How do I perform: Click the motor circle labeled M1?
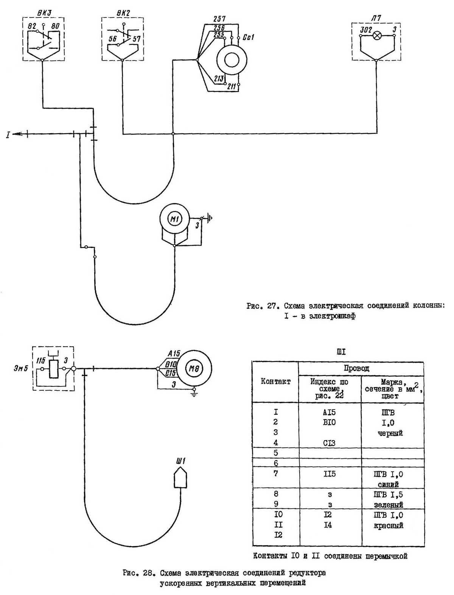pos(174,218)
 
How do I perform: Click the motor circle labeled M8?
pos(194,369)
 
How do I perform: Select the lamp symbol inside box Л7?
pos(377,36)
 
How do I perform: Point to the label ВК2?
pos(123,12)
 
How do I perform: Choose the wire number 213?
pos(218,79)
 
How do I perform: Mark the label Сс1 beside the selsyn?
pos(248,37)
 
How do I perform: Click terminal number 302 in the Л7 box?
pos(365,30)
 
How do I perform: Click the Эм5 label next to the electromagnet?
pos(21,368)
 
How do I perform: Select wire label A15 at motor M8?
pos(174,354)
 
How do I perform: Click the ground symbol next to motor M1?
pos(210,218)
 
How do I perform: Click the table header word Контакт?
pos(275,381)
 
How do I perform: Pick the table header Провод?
pos(356,368)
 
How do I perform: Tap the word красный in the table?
pos(390,525)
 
